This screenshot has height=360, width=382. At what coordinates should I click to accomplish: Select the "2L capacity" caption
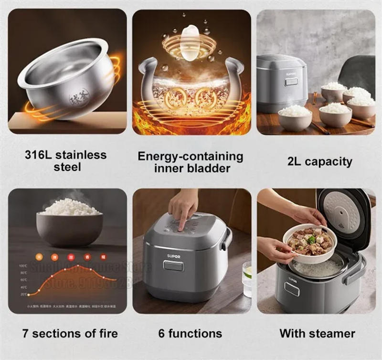pyautogui.click(x=319, y=161)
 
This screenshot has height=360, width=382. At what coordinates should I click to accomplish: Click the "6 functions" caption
pyautogui.click(x=190, y=333)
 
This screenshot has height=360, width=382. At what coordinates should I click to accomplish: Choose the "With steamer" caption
pyautogui.click(x=317, y=333)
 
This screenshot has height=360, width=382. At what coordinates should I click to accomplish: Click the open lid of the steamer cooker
pyautogui.click(x=343, y=215)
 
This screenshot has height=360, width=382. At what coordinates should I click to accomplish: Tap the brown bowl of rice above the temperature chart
pyautogui.click(x=70, y=224)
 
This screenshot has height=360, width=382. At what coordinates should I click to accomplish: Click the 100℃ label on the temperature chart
pyautogui.click(x=23, y=265)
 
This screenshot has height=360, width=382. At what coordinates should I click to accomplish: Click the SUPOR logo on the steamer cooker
pyautogui.click(x=292, y=280)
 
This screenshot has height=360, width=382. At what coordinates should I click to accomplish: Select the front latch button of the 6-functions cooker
pyautogui.click(x=173, y=266)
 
